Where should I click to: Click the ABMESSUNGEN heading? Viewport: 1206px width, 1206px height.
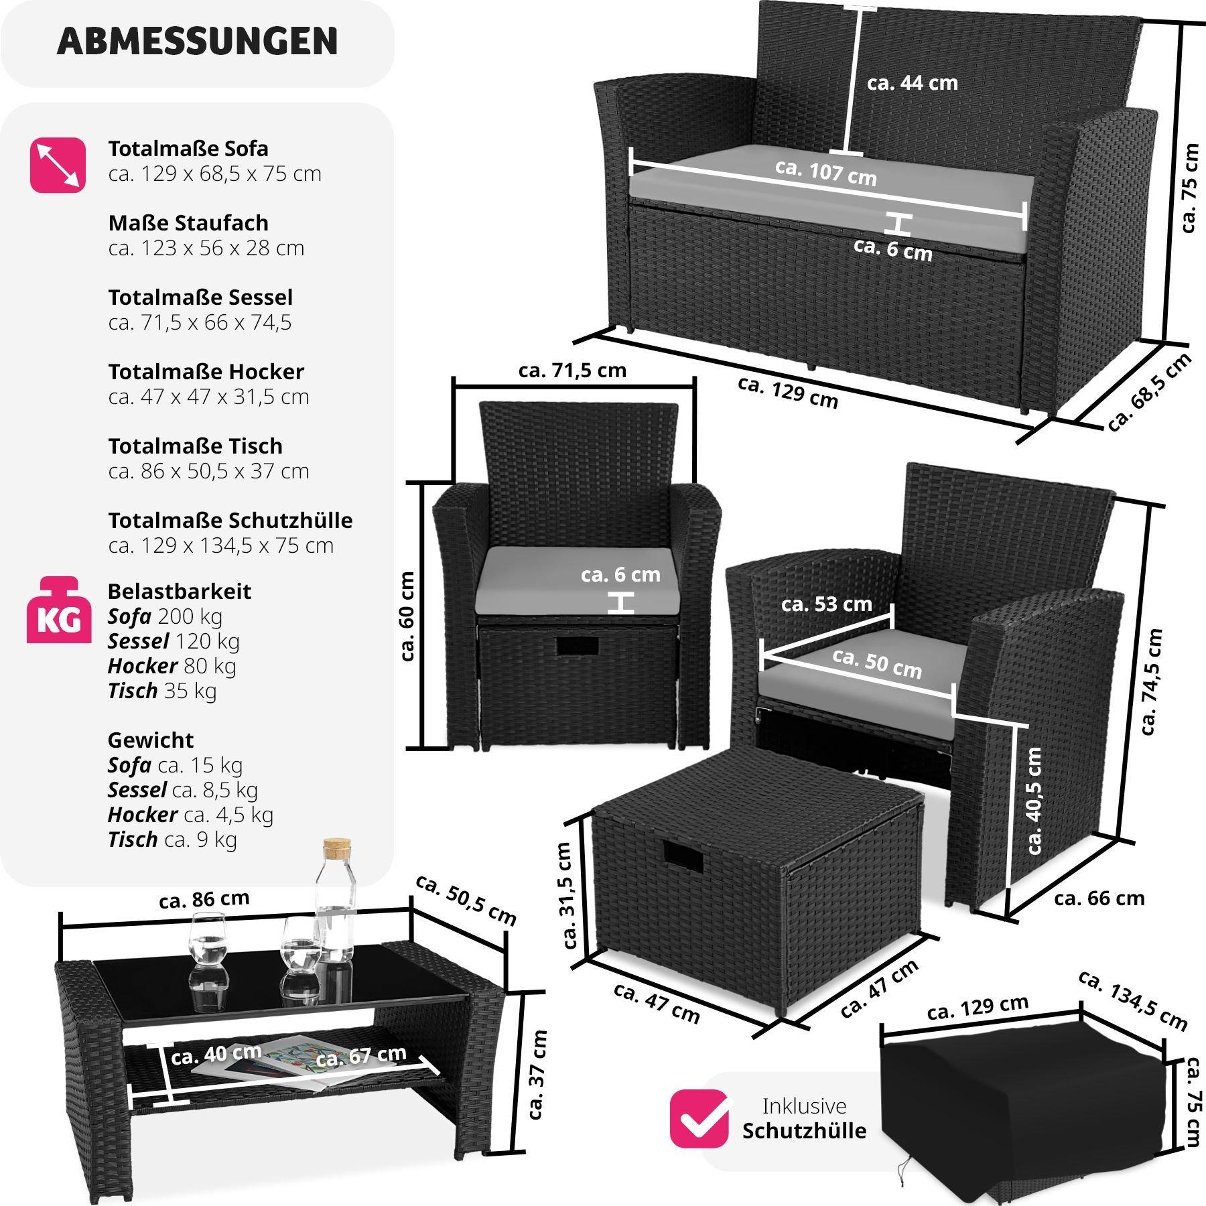click(198, 42)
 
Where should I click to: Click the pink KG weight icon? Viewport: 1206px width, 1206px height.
click(58, 612)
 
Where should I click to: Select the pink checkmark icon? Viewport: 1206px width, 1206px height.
click(699, 1117)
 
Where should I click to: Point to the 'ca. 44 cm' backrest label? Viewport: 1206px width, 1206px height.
click(912, 83)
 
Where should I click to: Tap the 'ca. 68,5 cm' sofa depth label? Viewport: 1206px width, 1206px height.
click(1149, 391)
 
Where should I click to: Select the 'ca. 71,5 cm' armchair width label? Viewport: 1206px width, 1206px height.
click(572, 371)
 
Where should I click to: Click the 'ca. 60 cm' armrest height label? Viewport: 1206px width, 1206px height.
click(407, 616)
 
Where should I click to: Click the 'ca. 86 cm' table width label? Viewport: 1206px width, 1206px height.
click(204, 899)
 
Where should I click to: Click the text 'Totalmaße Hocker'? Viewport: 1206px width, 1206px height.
click(206, 371)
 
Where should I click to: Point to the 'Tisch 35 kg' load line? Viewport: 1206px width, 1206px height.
click(162, 690)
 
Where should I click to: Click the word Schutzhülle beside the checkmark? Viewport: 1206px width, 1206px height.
click(804, 1131)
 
